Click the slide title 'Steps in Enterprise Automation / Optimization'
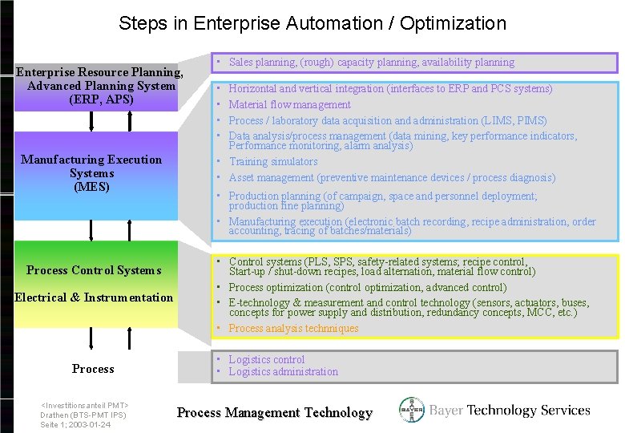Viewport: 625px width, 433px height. click(312, 23)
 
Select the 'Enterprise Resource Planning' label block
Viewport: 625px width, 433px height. click(100, 86)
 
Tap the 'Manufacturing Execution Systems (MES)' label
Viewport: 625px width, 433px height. click(91, 173)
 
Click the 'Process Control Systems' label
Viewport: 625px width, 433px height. click(94, 270)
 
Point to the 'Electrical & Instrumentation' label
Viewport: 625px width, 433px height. click(94, 297)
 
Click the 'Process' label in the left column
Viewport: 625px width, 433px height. click(93, 369)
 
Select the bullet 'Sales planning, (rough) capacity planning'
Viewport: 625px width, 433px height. click(371, 63)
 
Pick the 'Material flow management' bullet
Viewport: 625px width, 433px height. click(289, 104)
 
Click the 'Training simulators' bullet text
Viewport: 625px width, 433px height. click(272, 161)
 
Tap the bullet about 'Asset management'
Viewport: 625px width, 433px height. click(391, 177)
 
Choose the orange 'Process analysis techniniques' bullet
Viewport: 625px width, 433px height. click(293, 328)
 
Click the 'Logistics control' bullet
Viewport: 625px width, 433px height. click(266, 359)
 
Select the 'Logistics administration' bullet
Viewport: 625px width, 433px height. click(283, 371)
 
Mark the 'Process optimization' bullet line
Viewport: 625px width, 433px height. click(367, 287)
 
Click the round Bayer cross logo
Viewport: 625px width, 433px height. click(412, 411)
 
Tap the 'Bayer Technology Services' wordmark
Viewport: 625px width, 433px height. click(510, 411)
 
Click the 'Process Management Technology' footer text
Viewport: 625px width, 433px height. click(275, 413)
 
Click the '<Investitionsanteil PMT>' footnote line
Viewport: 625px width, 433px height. click(85, 406)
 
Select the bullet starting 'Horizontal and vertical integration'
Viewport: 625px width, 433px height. click(390, 88)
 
